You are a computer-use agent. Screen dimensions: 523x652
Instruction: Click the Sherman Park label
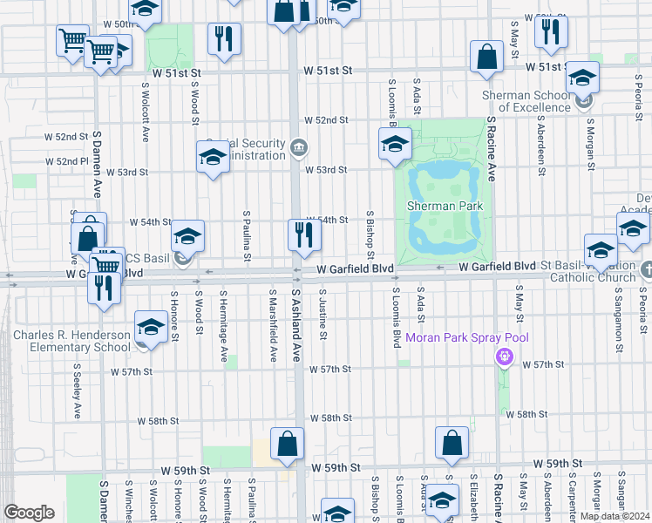(x=445, y=206)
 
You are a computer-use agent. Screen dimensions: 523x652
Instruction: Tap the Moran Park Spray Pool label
(x=466, y=338)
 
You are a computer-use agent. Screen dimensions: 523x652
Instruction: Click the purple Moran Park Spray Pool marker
(x=503, y=356)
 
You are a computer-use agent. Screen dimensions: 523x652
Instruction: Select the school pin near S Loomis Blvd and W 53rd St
(x=394, y=143)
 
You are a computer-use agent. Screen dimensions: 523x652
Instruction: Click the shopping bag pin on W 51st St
(x=486, y=57)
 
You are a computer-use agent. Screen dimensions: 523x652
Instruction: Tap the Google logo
(x=29, y=513)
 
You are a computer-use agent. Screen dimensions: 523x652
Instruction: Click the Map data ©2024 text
(x=615, y=516)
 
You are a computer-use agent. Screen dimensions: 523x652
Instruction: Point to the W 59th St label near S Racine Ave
(x=558, y=463)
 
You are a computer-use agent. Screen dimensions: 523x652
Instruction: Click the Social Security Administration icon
(x=299, y=145)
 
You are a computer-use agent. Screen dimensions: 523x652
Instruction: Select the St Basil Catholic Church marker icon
(x=646, y=270)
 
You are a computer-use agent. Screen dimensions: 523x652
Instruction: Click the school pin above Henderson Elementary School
(x=151, y=328)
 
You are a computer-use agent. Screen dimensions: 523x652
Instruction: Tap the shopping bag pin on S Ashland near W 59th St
(x=287, y=444)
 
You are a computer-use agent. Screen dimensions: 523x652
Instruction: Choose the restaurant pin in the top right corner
(x=550, y=31)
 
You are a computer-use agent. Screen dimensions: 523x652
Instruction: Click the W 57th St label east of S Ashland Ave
(x=329, y=370)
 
